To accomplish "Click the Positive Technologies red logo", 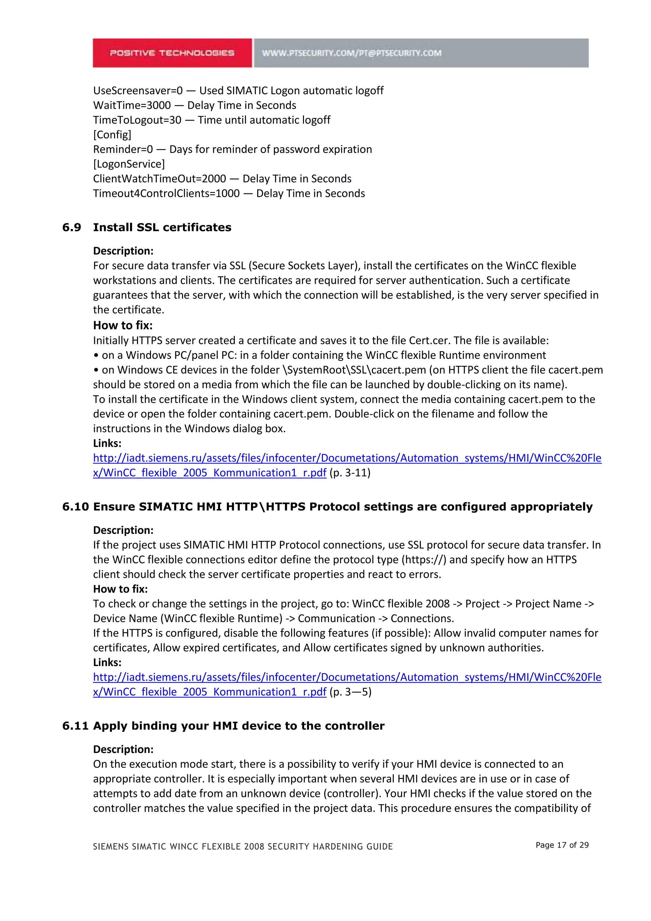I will pyautogui.click(x=172, y=53).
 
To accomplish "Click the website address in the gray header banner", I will pyautogui.click(x=352, y=53).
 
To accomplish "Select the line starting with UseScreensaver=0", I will pyautogui.click(x=238, y=91).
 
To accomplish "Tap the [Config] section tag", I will pyautogui.click(x=112, y=135).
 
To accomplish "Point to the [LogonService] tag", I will pyautogui.click(x=129, y=164).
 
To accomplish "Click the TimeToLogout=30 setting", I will pyautogui.click(x=137, y=120).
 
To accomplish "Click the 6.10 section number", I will pyautogui.click(x=75, y=507).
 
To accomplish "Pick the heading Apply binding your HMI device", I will pyautogui.click(x=238, y=726).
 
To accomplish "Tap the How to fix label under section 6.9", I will pyautogui.click(x=123, y=325).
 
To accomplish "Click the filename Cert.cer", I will pyautogui.click(x=430, y=341).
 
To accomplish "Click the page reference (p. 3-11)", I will pyautogui.click(x=350, y=473).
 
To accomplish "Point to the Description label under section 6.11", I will pyautogui.click(x=123, y=749).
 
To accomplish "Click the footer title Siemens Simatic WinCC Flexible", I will pyautogui.click(x=243, y=846).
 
